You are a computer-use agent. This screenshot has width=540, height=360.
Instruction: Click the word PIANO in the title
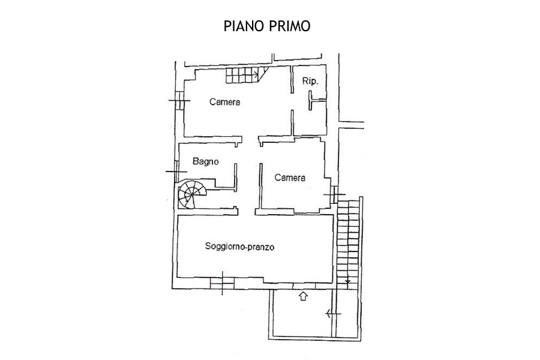tap(244, 26)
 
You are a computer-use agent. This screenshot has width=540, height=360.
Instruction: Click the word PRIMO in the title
tap(289, 26)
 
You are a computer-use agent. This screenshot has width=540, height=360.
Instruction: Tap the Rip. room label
tap(310, 82)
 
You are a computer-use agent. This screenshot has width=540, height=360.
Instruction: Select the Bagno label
tap(206, 161)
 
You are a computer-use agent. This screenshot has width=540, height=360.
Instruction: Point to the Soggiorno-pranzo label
tap(239, 247)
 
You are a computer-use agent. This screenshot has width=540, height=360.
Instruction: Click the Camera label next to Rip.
tap(224, 102)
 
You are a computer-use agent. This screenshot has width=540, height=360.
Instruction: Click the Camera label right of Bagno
tap(290, 178)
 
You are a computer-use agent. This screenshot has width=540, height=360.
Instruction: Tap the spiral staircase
tap(192, 195)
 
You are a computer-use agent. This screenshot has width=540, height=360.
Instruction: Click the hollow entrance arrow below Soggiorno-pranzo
tap(303, 296)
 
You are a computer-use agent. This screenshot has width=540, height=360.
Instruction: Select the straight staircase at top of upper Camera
tap(247, 75)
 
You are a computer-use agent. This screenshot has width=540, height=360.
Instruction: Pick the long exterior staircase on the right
tap(348, 244)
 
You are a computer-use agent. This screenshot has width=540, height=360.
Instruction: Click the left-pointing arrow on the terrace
tap(333, 314)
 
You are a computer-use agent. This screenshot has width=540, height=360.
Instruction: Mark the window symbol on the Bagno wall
tap(176, 171)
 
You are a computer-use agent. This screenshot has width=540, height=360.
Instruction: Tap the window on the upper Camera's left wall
tap(179, 101)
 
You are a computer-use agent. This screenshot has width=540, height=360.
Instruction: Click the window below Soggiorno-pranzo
tap(222, 283)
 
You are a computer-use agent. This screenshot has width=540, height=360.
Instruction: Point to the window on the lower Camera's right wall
tap(334, 194)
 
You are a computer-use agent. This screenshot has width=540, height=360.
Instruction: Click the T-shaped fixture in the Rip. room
tap(316, 100)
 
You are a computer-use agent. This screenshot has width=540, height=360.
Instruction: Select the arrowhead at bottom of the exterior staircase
tap(348, 281)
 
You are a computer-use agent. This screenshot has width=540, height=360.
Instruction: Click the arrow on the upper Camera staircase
tap(255, 74)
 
